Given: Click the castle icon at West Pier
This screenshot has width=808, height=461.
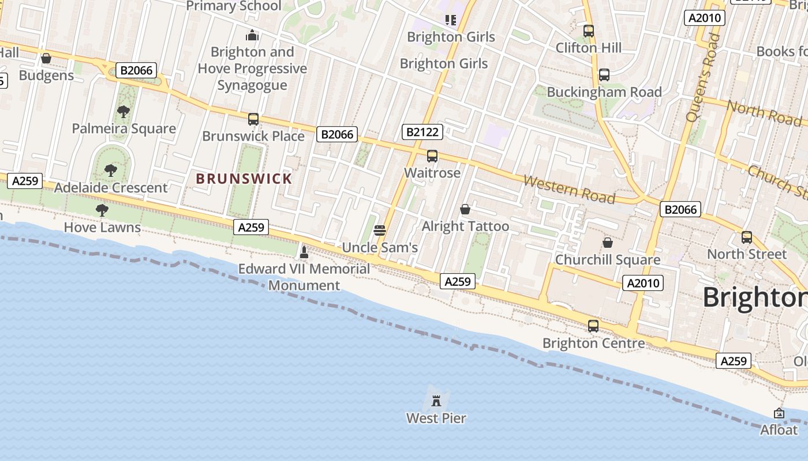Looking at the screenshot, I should coord(436,400).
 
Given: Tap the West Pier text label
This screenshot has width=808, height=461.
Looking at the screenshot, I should coord(436,418).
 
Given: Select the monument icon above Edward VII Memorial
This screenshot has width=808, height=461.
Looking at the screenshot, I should coord(304,252).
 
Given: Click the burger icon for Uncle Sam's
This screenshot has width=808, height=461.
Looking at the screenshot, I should coord(380,231).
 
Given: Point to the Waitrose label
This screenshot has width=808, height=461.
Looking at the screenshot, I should coord(432,172).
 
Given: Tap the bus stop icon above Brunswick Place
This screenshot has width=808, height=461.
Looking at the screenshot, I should coord(253,119).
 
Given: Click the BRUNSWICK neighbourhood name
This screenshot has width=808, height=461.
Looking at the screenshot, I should coord(244,179).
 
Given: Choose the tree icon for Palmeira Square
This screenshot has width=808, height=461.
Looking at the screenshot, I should coord(123,112).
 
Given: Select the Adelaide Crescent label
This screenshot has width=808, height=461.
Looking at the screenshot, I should coord(111,187).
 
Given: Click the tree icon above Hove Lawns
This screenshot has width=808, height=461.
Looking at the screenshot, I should coord(102,210).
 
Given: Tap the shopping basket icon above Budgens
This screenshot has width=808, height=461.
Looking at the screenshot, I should coord(46,58).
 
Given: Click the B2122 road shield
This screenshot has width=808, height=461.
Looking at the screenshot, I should coord(422,132).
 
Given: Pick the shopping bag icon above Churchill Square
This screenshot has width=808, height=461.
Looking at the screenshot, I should coord(607,243).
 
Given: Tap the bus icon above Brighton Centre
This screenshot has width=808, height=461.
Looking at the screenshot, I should coord(593,326).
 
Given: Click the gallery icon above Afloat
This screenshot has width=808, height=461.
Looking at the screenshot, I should coord(779,413).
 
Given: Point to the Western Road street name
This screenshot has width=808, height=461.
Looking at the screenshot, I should coord(569,189).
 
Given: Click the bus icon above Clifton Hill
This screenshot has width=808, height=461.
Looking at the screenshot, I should coord(588,31).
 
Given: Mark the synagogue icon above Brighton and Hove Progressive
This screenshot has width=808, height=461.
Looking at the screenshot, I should coord(252,36).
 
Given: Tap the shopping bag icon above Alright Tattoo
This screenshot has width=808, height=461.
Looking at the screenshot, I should coord(465,209).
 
